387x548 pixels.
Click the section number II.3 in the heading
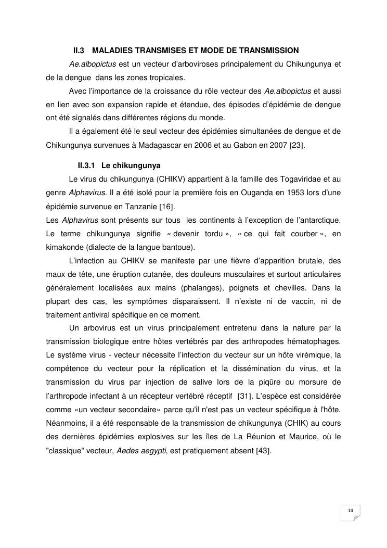pos(79,50)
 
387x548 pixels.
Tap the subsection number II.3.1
pos(86,166)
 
